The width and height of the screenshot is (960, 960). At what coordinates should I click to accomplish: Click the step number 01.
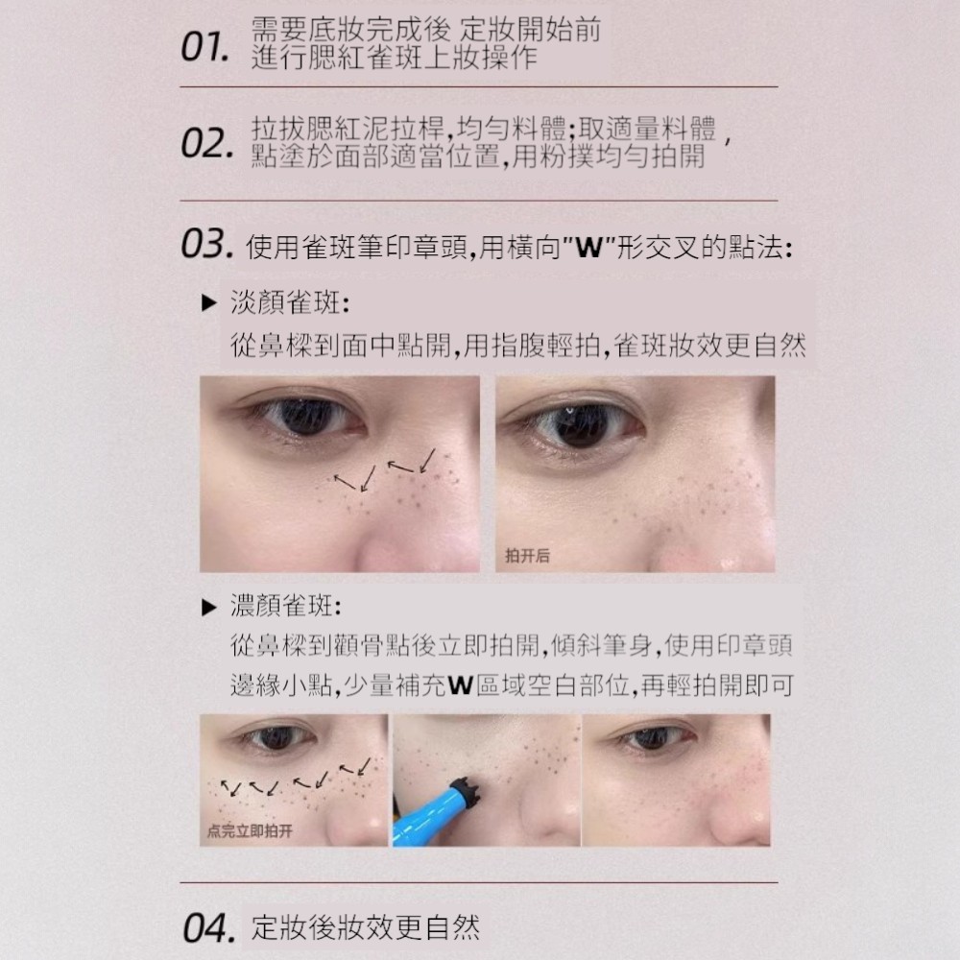205,47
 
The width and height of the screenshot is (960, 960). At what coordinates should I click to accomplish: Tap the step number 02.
207,143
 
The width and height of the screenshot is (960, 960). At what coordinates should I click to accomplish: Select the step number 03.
207,244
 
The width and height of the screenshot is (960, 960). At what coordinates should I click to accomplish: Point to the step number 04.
208,928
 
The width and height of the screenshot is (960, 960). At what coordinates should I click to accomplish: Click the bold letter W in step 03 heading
589,248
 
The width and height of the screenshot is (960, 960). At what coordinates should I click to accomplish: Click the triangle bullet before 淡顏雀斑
209,302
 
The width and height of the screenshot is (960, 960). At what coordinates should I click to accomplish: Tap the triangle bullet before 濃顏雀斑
209,608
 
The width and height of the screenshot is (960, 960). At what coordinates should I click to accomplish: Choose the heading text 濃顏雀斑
286,606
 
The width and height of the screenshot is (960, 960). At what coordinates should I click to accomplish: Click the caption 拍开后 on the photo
527,556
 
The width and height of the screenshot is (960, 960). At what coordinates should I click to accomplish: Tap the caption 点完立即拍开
250,830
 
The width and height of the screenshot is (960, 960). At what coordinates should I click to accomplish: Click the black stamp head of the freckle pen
466,793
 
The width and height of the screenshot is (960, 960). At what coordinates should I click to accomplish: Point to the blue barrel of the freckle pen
426,815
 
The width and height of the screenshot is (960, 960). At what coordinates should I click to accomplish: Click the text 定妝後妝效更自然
366,927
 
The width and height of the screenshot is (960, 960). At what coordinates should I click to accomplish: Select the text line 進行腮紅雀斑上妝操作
395,58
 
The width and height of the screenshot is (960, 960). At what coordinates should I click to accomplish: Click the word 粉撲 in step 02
565,156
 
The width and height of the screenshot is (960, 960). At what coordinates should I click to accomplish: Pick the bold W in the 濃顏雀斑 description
461,685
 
